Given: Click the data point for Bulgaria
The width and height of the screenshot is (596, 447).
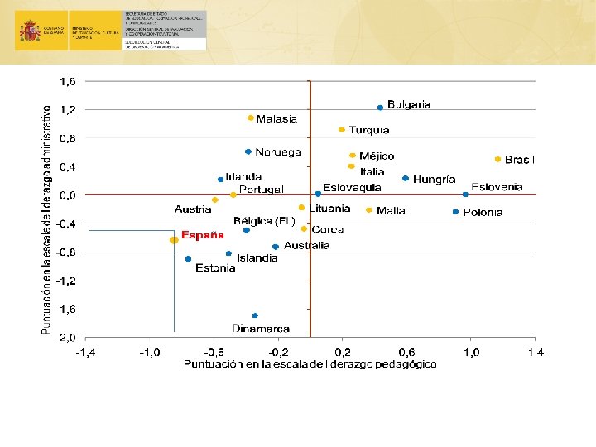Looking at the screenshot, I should tap(380, 108).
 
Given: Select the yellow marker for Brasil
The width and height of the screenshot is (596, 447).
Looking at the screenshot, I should tap(497, 159).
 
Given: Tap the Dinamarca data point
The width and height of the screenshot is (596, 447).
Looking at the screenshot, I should tap(255, 315).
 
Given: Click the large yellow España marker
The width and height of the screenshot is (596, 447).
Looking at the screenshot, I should tap(174, 240).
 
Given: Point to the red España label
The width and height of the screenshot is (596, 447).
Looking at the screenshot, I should tap(203, 234).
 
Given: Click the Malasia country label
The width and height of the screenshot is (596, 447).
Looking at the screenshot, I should tap(276, 119).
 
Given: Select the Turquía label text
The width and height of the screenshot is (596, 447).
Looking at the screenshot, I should tap(369, 130).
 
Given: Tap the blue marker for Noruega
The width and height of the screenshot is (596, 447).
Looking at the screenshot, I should tap(248, 151).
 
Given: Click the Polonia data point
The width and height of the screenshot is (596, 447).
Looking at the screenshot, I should tap(455, 212).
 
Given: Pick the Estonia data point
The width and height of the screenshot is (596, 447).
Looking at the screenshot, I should tap(189, 259).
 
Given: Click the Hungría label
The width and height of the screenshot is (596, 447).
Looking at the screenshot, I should tap(435, 179).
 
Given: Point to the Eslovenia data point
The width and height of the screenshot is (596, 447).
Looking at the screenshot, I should tap(465, 195).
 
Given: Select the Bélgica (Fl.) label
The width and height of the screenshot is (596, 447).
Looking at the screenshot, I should tap(265, 221).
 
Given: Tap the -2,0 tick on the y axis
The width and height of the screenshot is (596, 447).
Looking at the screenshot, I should tap(65, 338).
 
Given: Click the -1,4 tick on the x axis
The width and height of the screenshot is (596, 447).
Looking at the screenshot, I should tap(85, 353).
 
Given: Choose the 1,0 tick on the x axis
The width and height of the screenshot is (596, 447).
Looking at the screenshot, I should tap(470, 353).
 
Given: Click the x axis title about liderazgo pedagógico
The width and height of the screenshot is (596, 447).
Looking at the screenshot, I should tap(310, 365).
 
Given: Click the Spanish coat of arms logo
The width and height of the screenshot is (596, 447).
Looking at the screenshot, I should tap(31, 31).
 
